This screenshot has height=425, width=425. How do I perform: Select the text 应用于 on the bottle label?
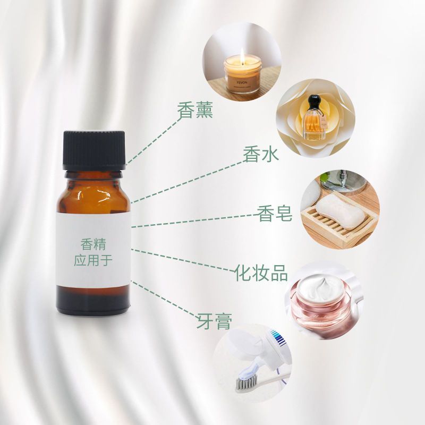(93, 260)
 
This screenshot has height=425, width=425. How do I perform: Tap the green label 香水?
(261, 154)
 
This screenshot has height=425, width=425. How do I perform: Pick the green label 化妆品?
(261, 273)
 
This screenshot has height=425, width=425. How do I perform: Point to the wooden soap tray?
(340, 226)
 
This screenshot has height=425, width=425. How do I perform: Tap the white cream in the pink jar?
(321, 287)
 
